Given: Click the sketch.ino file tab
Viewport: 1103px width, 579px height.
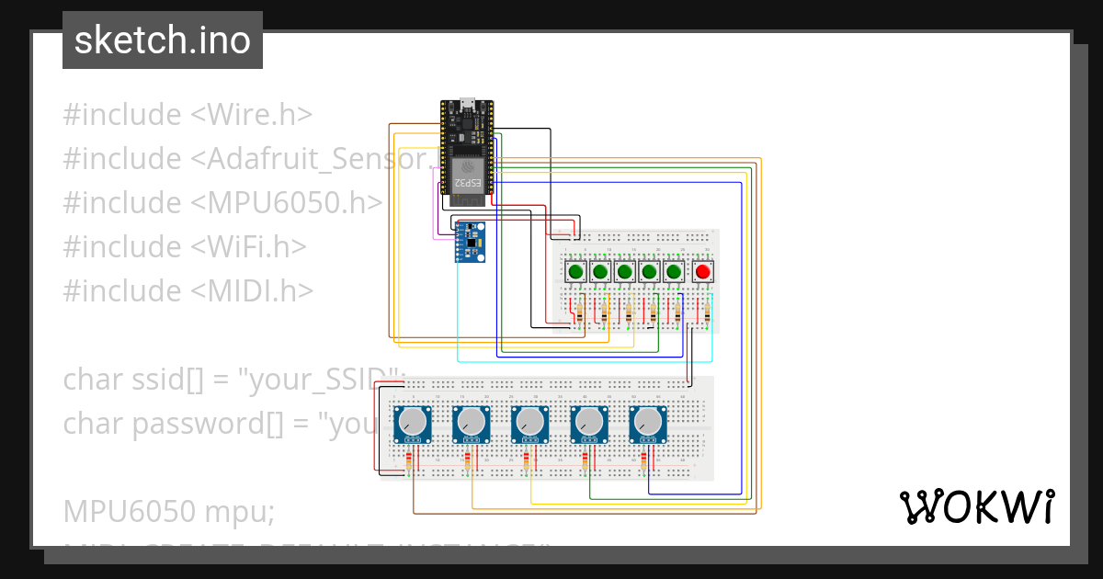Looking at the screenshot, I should [163, 40].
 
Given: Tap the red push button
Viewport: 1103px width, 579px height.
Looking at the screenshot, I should [703, 272].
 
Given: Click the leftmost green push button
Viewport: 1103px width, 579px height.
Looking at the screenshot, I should [576, 272].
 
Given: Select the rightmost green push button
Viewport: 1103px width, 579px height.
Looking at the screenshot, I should [674, 272].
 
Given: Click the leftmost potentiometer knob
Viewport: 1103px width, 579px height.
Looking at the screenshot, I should [413, 424].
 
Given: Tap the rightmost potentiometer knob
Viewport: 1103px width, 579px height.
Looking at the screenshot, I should [648, 424].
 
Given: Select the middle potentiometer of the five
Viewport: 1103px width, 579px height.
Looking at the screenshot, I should [530, 424].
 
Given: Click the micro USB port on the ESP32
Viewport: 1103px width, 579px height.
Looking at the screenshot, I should [466, 102].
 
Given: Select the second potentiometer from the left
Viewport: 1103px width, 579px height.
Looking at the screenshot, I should [472, 424].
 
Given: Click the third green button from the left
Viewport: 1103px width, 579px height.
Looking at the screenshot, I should [625, 272].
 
